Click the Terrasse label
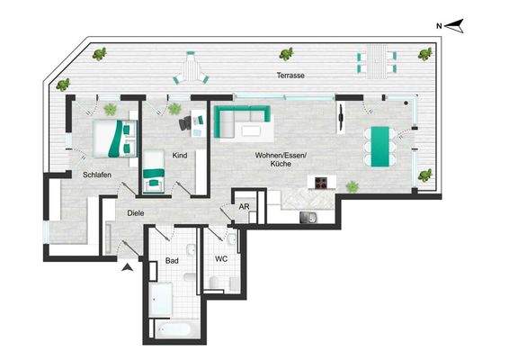[290, 76]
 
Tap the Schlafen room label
[96, 175]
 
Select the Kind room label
[180, 155]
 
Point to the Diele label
[136, 212]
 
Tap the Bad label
[172, 261]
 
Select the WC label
[221, 258]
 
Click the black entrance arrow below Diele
[128, 266]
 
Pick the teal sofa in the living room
[245, 121]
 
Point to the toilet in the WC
[213, 284]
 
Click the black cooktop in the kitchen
[321, 183]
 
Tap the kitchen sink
[308, 216]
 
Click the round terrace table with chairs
[191, 67]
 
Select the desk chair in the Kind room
[186, 121]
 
